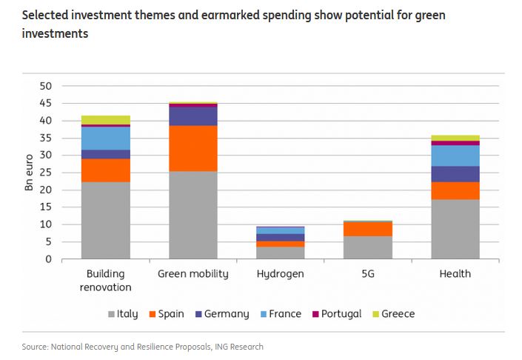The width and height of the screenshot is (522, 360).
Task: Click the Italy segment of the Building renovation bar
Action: click(105, 220)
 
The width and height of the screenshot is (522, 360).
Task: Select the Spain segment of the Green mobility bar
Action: click(193, 148)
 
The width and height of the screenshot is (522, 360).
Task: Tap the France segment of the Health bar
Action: click(455, 156)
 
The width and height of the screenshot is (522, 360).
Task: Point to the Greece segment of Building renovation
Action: click(105, 120)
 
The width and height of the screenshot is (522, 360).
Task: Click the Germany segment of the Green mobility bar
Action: click(193, 116)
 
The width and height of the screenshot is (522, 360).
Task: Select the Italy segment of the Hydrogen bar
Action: click(281, 253)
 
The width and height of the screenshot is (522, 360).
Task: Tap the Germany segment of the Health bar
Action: click(455, 173)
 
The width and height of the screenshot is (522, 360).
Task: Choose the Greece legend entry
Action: click(393, 314)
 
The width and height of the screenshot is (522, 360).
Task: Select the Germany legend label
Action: click(227, 314)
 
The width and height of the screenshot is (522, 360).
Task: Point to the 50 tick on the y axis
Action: click(46, 86)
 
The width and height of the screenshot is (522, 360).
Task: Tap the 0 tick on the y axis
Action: click(48, 259)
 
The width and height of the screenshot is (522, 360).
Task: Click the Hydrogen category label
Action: click(281, 274)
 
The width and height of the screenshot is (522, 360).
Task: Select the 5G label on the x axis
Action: click(368, 274)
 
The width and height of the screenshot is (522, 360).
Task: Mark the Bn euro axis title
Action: click(28, 173)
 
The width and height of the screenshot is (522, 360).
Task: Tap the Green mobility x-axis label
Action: click(193, 274)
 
